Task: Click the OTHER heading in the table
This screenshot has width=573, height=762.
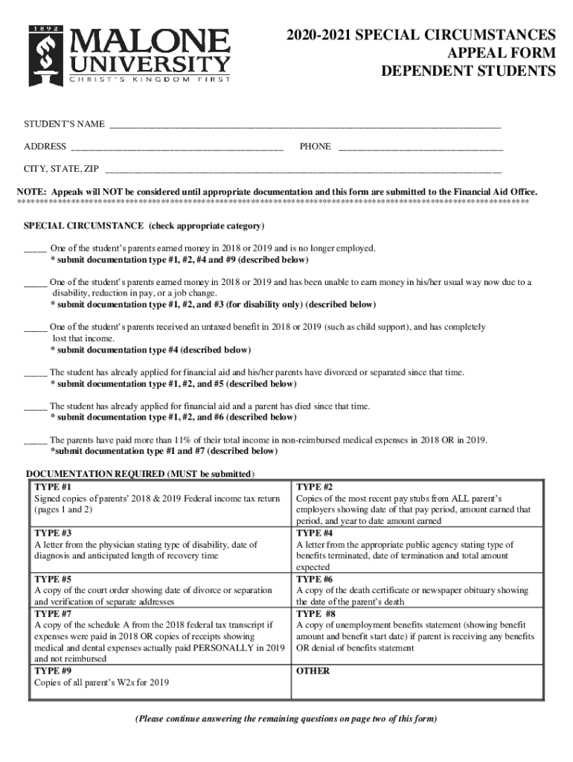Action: (x=313, y=670)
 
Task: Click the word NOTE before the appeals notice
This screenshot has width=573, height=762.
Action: (x=32, y=191)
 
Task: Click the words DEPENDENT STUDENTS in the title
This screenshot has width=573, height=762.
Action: (x=469, y=71)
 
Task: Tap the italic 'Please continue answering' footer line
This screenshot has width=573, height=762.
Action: (x=286, y=719)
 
